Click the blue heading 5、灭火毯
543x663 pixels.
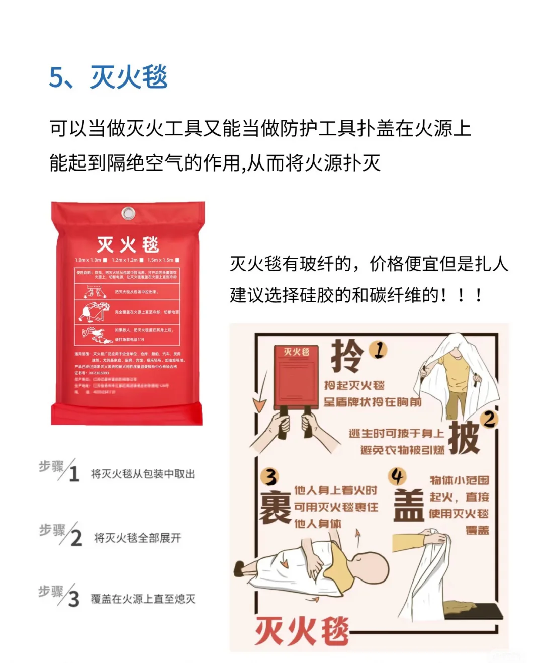pos(108,77)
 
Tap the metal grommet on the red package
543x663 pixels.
pos(129,213)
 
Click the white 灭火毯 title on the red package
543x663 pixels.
pos(128,244)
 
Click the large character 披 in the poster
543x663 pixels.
pos(464,438)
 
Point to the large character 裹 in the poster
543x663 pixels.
pos(275,507)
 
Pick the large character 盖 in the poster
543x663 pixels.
pos(408,505)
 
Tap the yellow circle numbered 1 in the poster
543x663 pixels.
pos(379,350)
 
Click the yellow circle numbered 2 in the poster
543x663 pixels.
pos(489,419)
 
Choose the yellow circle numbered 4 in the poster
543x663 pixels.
pos(397,476)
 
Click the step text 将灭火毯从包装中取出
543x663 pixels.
pos(142,474)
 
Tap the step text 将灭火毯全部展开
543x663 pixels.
pos(137,538)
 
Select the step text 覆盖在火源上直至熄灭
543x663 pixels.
pos(143,599)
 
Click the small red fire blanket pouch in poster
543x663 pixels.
pos(297,377)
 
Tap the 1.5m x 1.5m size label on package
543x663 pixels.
pos(160,260)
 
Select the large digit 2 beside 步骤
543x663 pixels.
pos(76,538)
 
